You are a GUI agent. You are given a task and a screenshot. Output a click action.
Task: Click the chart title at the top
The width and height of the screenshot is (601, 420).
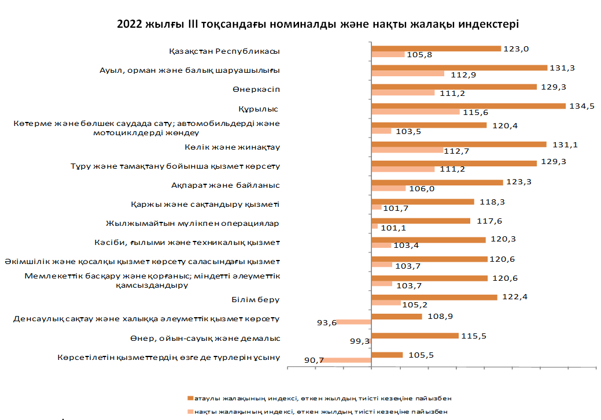point(318,24)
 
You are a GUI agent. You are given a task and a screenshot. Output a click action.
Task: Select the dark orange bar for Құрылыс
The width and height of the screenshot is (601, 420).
point(468,106)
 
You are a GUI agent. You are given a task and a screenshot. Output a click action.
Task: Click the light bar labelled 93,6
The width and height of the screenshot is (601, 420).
point(353,322)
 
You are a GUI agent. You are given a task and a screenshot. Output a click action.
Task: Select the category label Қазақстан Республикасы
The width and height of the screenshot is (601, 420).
point(224,51)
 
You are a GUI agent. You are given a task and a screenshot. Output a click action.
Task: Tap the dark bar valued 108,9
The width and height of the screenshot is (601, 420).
point(396,316)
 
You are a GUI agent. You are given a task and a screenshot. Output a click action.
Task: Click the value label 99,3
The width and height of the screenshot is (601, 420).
point(360,341)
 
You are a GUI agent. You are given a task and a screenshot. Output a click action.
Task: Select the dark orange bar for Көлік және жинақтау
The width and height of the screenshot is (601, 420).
point(459,144)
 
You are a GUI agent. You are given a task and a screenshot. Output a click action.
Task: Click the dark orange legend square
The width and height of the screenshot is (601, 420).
point(190,399)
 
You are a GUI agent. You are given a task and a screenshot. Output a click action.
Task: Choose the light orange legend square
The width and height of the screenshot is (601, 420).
point(190,411)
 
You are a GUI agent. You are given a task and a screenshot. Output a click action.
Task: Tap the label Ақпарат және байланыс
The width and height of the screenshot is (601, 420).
point(226,185)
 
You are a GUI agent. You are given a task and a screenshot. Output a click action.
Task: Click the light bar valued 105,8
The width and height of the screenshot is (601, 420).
point(388,54)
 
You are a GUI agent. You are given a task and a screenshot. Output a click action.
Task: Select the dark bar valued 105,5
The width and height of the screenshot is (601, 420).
point(386,355)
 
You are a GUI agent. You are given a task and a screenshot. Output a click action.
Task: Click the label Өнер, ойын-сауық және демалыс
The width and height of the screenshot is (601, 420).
point(206,338)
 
